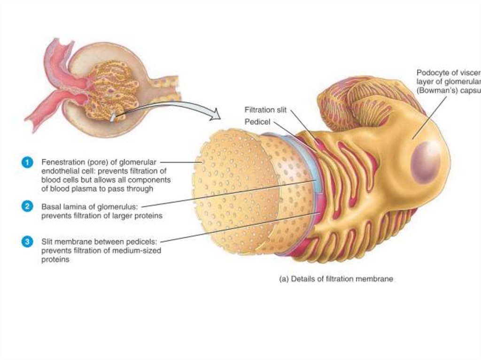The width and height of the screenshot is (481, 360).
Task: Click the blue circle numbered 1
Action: tap(28, 162)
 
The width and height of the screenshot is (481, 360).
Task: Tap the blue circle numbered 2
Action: tap(28, 206)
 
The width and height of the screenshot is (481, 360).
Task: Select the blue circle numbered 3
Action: tap(28, 242)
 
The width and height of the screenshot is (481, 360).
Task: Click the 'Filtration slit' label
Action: tap(266, 110)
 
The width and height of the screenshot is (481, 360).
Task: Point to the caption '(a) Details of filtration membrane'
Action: tap(336, 279)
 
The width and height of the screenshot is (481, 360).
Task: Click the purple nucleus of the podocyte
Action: tap(426, 161)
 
